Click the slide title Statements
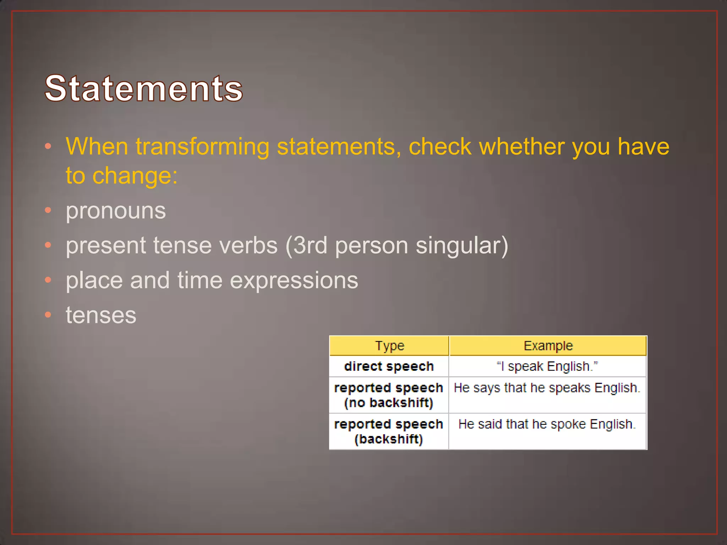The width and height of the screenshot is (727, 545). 144,88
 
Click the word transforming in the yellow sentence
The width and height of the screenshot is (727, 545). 202,147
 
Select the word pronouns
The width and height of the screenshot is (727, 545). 116,211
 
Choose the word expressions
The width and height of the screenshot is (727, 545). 294,280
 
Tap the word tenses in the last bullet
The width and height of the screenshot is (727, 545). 101,315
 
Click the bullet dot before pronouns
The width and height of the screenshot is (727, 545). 48,210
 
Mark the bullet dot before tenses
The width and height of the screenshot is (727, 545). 48,314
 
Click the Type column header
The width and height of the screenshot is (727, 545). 389,346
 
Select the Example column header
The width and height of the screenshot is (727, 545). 548,346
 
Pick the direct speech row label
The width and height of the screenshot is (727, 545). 389,366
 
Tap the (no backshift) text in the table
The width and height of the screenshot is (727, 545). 389,403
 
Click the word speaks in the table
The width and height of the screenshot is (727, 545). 570,388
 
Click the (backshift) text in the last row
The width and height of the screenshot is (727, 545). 389,439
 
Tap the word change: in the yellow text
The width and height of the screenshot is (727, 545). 135,176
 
